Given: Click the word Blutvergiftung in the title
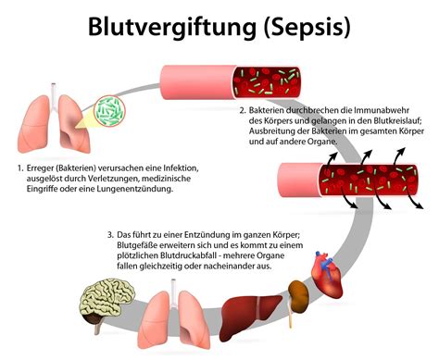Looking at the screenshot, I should coord(173,25).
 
